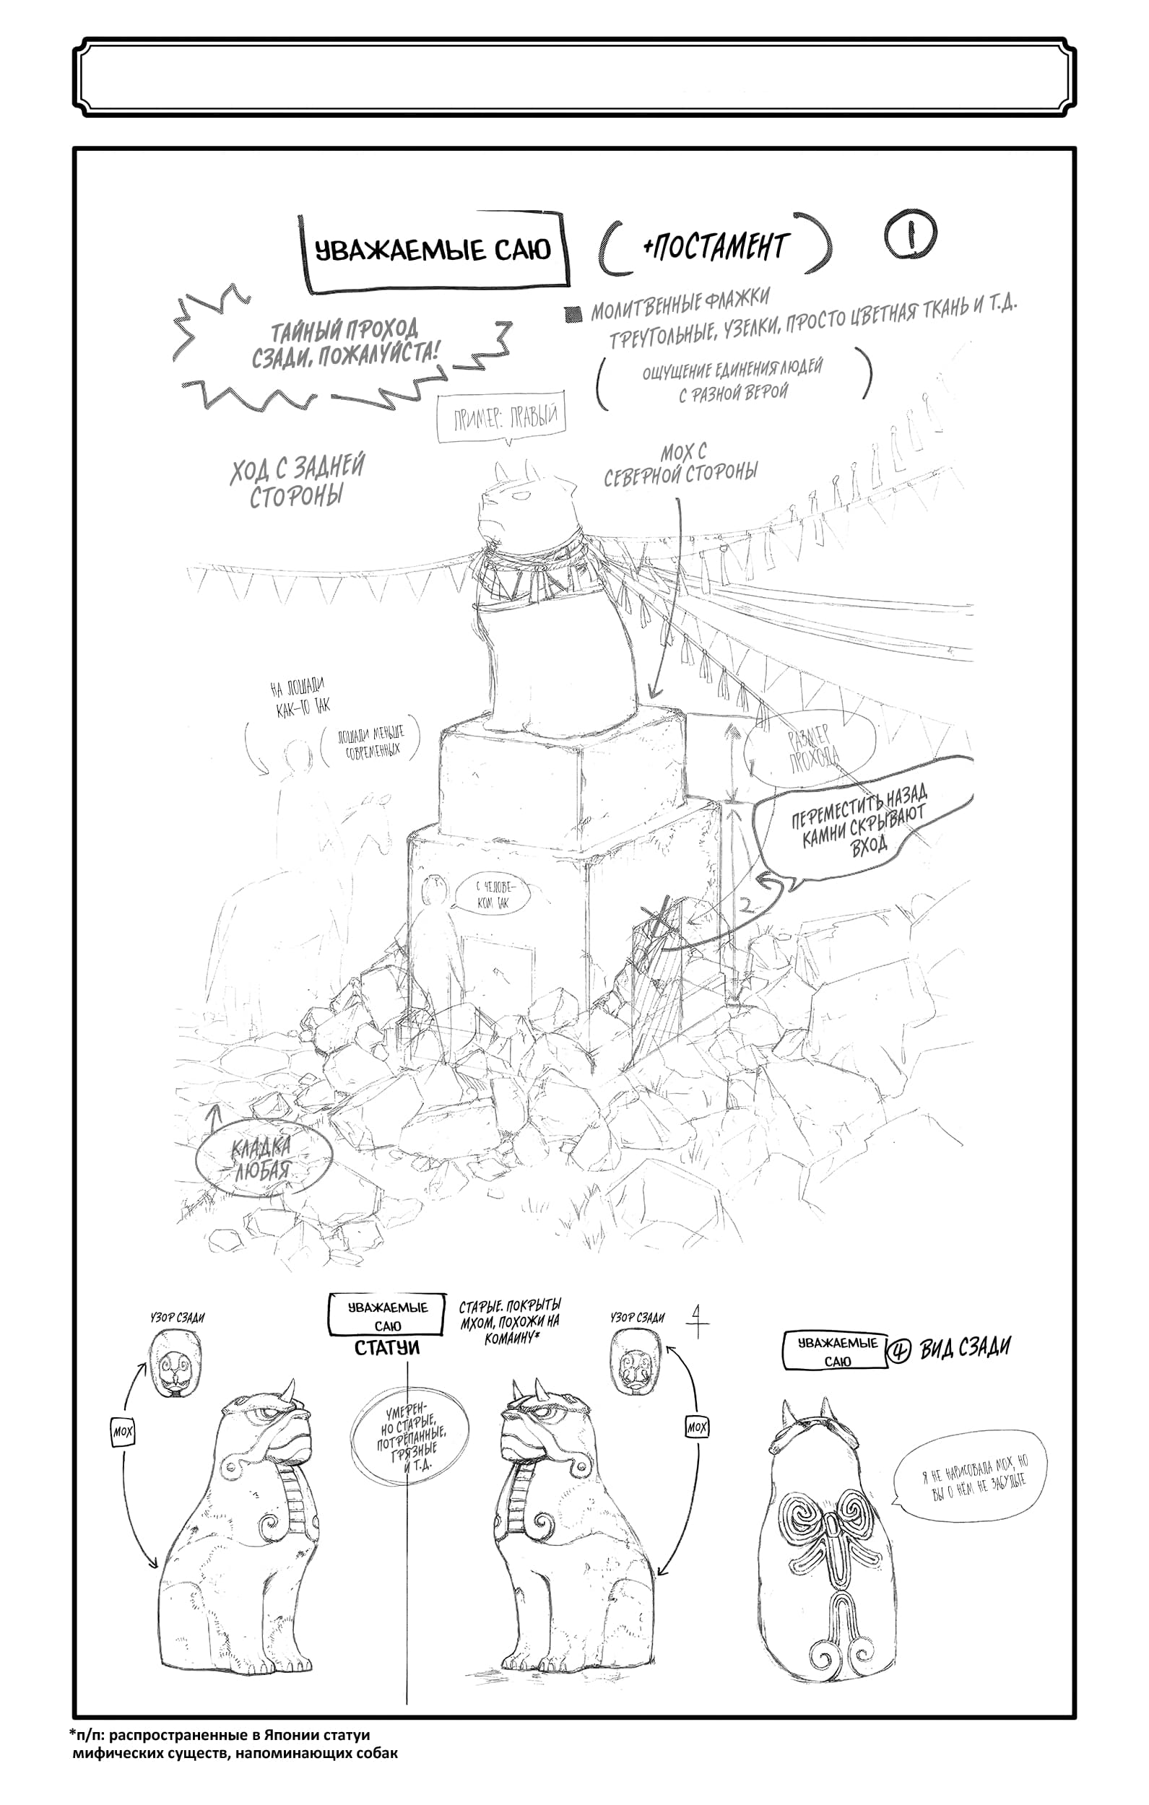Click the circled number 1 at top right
911,238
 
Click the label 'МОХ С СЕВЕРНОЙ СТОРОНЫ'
681,464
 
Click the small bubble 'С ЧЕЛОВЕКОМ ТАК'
492,896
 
